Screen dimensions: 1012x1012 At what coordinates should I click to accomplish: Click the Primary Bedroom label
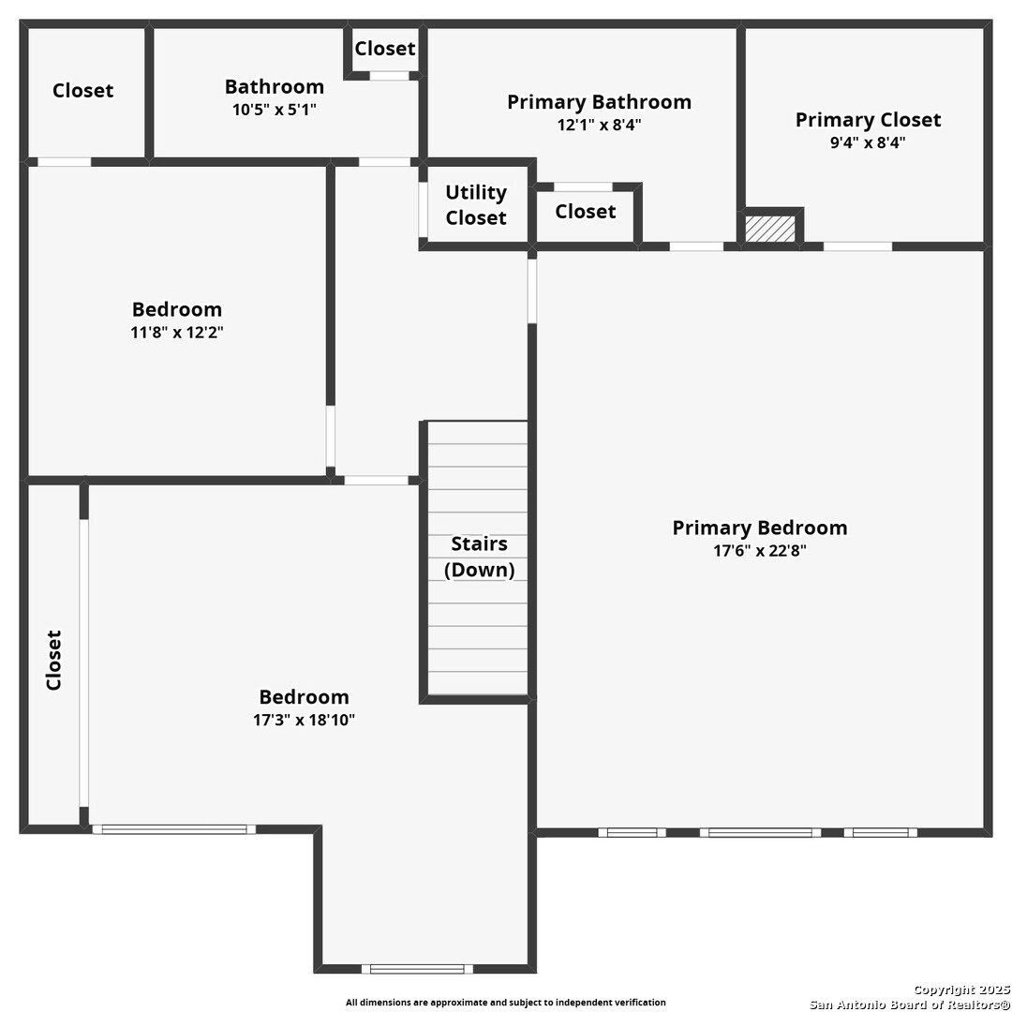(x=760, y=528)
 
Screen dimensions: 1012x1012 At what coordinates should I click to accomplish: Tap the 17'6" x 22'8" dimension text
(x=760, y=551)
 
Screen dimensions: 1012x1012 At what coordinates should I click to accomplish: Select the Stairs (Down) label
(x=479, y=557)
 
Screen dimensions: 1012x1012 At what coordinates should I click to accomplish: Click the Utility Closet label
(x=476, y=204)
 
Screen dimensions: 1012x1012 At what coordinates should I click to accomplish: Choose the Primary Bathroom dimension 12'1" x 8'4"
(x=599, y=125)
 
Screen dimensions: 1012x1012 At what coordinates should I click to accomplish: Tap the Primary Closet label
(x=868, y=120)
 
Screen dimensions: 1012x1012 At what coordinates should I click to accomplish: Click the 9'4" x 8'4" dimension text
(x=868, y=142)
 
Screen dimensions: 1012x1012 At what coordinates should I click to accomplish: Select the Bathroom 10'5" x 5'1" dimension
(x=275, y=110)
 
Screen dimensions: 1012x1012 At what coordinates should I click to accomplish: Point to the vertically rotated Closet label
(x=53, y=661)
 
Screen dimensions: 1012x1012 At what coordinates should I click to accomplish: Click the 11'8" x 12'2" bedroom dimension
(x=177, y=333)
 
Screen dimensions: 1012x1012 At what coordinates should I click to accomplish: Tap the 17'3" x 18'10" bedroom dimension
(x=304, y=720)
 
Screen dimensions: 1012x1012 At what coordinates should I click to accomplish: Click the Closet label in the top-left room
(x=82, y=90)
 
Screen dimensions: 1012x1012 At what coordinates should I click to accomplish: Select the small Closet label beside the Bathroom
(x=385, y=49)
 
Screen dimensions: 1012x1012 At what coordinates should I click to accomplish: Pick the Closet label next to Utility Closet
(x=586, y=212)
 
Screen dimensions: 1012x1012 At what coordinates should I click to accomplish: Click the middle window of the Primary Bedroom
(x=760, y=833)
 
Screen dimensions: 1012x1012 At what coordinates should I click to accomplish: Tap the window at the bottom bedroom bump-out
(x=417, y=969)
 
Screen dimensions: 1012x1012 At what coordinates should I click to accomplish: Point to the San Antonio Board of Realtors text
(x=910, y=1005)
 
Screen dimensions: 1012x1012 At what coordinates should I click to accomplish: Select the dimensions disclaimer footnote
(x=505, y=1003)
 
